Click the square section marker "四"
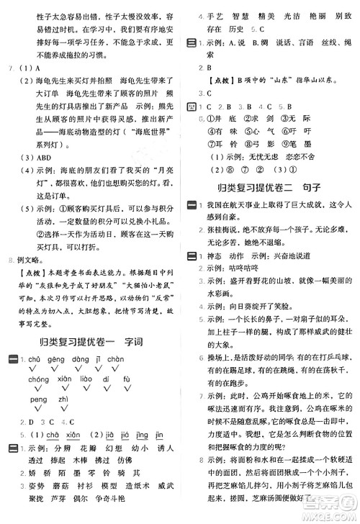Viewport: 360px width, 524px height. pyautogui.click(x=192, y=107)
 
